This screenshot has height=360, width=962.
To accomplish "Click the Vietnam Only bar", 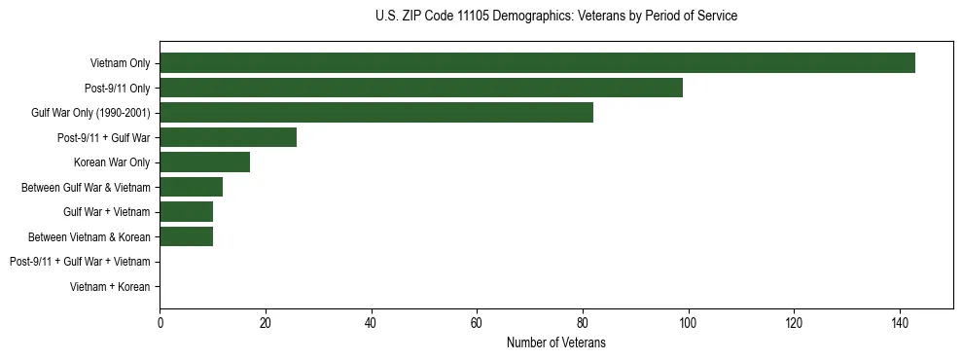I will coord(537,63).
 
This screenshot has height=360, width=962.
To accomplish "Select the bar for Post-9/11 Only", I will coord(421,88).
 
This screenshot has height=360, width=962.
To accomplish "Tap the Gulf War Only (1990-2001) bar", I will coord(376,113).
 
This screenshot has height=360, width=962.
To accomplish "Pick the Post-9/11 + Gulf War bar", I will coord(228,137).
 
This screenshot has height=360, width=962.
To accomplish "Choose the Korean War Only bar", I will coord(204,162).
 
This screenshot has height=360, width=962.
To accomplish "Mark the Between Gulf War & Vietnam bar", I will coord(191,187).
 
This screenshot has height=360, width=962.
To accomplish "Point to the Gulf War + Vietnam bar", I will coord(186,211).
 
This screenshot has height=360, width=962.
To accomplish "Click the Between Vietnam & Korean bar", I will coord(186,236).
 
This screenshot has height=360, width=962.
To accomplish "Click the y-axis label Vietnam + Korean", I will coord(110,286).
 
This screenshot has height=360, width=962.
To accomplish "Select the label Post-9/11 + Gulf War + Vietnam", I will coord(80,262).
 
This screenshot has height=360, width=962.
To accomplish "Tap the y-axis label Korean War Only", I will coord(112,162).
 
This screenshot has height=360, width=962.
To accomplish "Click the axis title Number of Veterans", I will coord(555,342).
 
